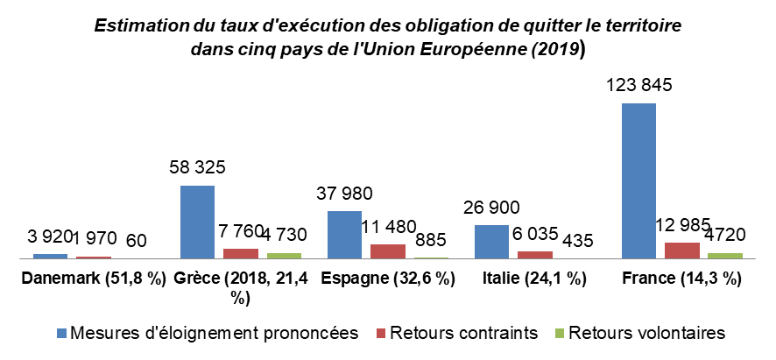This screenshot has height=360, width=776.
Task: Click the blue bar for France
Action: [638, 180]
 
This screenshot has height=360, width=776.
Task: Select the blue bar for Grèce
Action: [197, 222]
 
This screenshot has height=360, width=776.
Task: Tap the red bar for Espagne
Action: [388, 251]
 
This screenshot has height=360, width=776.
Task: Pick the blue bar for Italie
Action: [491, 242]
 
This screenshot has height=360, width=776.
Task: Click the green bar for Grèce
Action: [284, 256]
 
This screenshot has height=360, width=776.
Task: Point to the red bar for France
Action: [682, 251]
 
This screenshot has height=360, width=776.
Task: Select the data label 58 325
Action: [198, 168]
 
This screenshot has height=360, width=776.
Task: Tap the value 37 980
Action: [344, 194]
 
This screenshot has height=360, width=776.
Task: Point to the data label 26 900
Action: [490, 208]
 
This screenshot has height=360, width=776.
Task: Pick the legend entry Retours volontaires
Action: [646, 333]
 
